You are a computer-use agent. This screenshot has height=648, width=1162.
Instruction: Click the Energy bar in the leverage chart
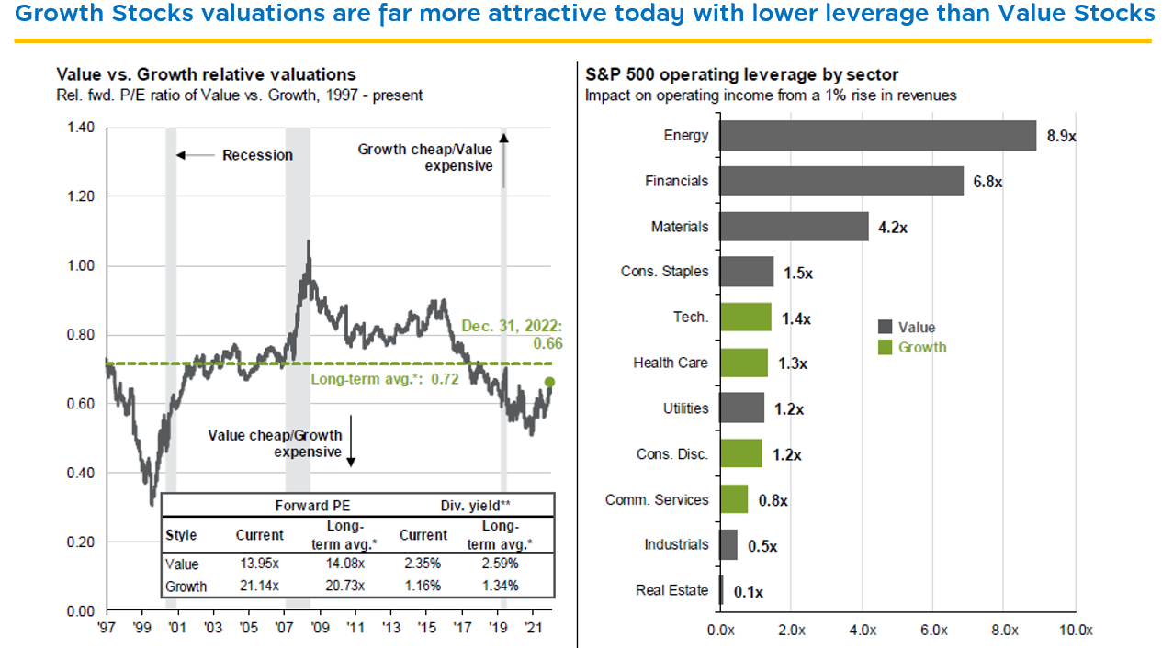coord(877,135)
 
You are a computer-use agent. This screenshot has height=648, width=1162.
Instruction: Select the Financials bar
coord(840,181)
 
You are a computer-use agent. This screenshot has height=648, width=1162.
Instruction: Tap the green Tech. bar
coord(745,317)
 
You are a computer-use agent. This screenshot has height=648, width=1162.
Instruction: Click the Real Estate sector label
coord(671,590)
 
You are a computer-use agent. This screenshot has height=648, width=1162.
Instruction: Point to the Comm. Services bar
coord(734,499)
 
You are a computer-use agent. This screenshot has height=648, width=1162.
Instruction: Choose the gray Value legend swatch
coord(886,328)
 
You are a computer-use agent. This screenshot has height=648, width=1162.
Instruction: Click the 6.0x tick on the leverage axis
coord(932,631)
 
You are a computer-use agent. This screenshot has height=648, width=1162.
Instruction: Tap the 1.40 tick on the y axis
coord(81,128)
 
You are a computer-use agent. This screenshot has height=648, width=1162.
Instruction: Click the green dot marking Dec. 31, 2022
coord(550,382)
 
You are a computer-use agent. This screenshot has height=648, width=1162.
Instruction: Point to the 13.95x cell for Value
coord(260,564)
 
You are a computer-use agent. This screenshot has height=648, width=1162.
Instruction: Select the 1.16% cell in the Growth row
coord(423,586)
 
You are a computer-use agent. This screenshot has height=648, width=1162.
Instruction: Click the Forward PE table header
coord(312,506)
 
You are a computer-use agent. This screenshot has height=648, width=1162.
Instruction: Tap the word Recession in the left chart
coord(257,155)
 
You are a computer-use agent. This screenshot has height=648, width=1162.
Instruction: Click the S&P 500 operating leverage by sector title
coord(741,74)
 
